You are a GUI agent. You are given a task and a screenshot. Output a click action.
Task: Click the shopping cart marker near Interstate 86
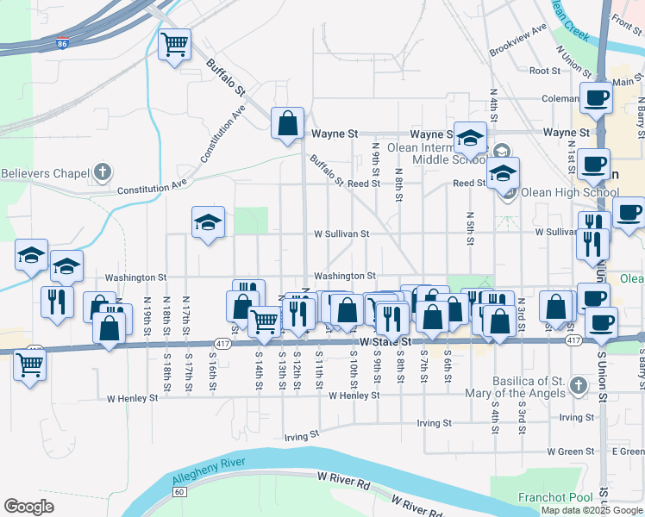click(x=175, y=44)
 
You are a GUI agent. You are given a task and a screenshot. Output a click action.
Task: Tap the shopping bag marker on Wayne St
click(x=288, y=123)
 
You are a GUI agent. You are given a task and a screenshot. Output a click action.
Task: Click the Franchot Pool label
click(x=555, y=497)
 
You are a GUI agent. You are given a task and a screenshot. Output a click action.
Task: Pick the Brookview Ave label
click(x=518, y=40)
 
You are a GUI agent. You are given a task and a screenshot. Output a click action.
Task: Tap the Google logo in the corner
click(x=28, y=507)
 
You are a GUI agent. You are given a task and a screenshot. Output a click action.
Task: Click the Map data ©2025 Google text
click(x=591, y=510)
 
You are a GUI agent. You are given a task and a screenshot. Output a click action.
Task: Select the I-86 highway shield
click(x=61, y=41)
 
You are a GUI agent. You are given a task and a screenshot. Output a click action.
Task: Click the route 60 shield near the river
click(x=178, y=491)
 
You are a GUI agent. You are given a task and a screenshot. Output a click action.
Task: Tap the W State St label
click(x=379, y=342)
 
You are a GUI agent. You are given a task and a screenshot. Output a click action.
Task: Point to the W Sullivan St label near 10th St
click(x=341, y=234)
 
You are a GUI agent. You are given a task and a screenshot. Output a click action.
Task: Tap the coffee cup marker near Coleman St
click(x=596, y=99)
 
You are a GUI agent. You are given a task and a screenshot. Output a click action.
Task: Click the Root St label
click(x=546, y=72)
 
